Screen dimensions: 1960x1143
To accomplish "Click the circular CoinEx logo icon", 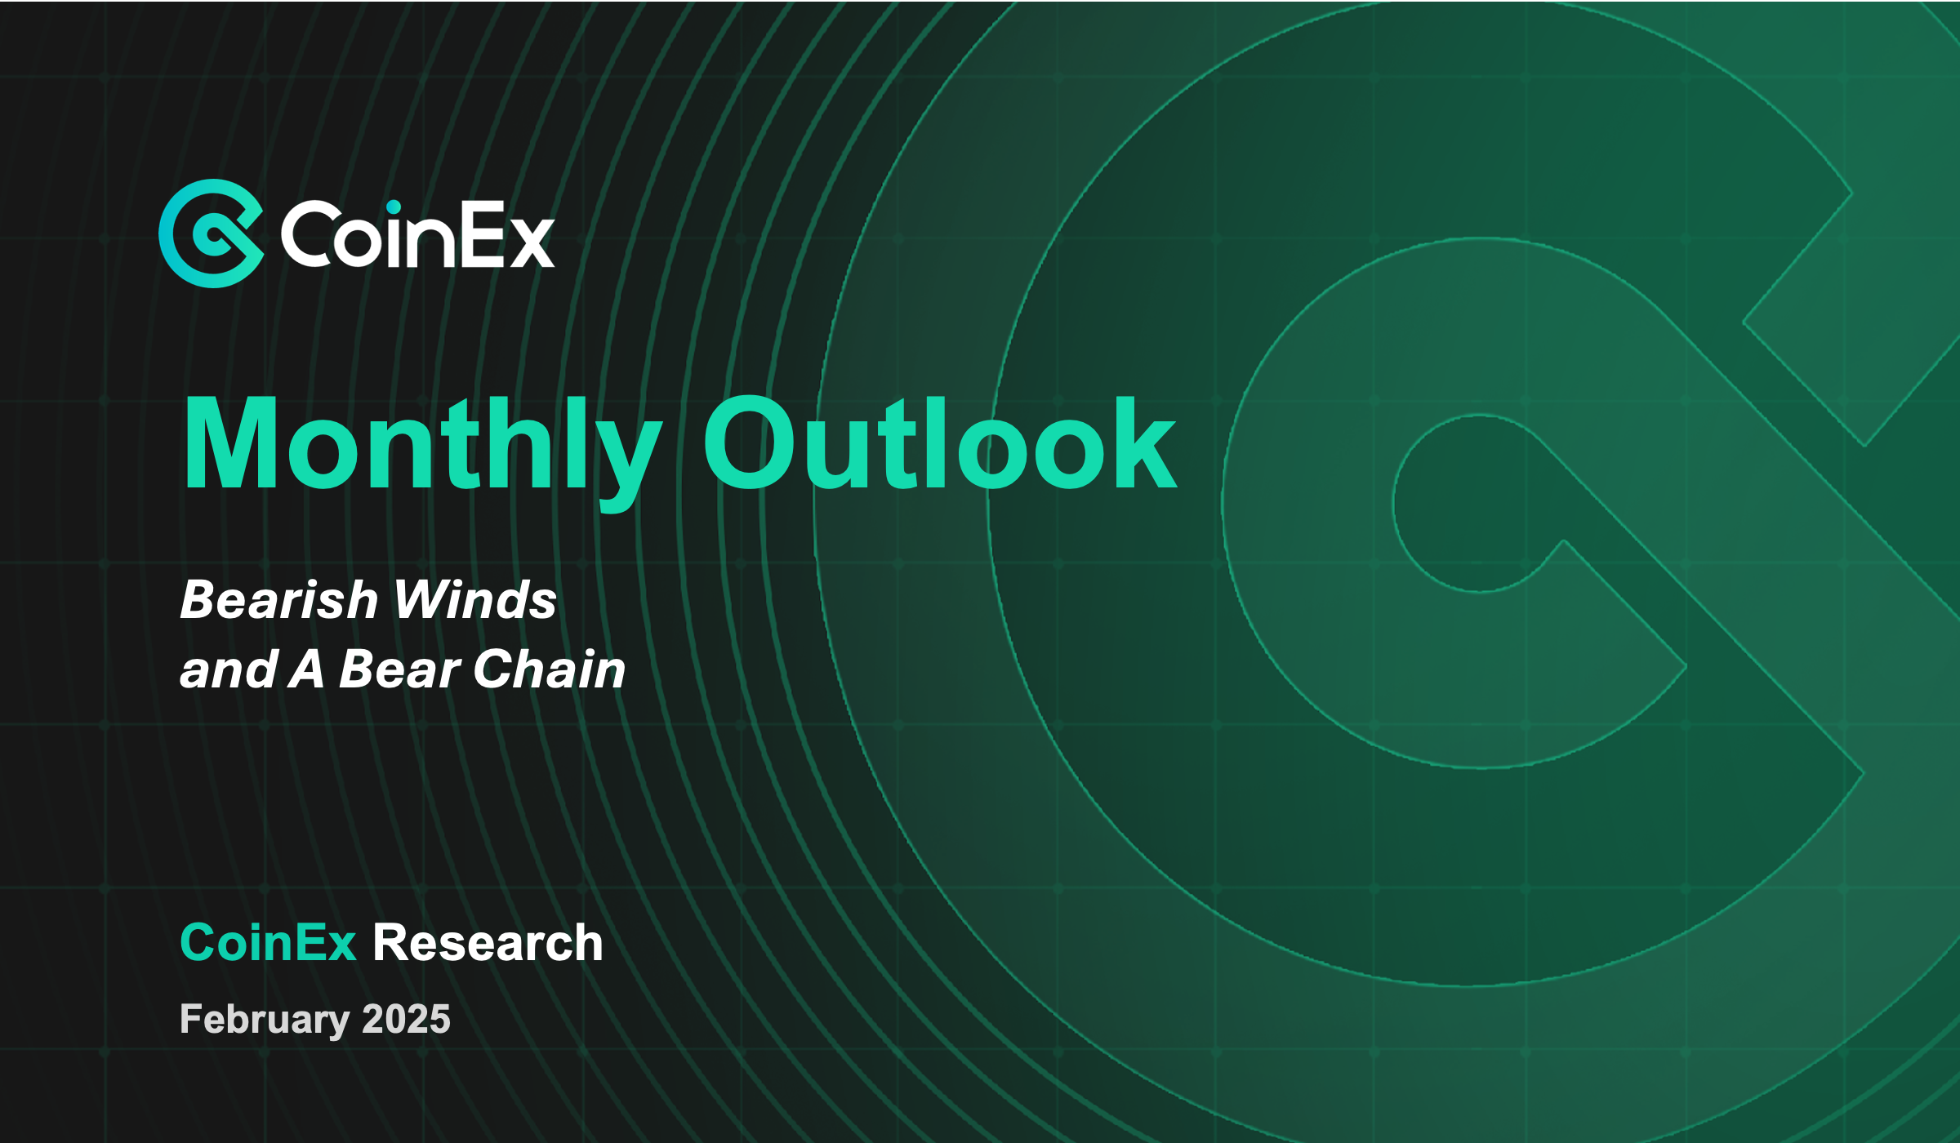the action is point(211,233).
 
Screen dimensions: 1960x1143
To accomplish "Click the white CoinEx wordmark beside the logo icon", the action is point(417,234).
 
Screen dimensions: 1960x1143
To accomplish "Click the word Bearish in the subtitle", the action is point(278,600).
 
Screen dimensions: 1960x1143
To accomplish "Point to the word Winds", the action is point(474,600).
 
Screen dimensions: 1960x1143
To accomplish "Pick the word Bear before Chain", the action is point(400,669).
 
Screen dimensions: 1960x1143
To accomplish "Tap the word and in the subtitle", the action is point(229,669).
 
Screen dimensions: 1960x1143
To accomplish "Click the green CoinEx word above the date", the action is point(268,942).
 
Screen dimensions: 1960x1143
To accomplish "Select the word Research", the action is point(488,942).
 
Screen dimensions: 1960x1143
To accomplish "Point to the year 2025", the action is point(406,1019).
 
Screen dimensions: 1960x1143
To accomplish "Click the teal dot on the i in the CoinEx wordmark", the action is point(394,208).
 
